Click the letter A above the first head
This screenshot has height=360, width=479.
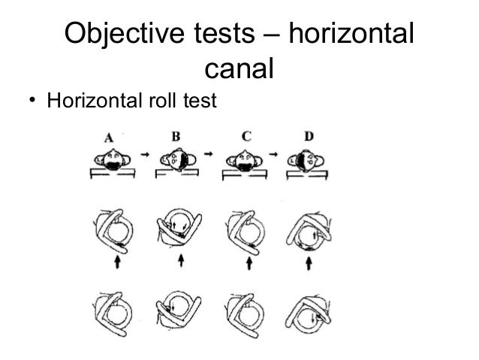(110, 138)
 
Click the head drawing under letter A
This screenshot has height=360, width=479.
(112, 159)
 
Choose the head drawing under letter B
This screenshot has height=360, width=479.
(178, 160)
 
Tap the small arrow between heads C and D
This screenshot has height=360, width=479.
(276, 153)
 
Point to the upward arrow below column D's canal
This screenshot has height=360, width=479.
(310, 262)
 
